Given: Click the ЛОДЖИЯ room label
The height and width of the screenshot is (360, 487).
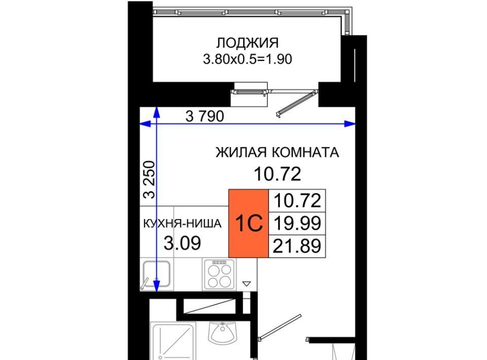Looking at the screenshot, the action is coord(247,43).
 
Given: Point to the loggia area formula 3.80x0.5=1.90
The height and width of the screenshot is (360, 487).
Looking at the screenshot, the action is coord(247,59).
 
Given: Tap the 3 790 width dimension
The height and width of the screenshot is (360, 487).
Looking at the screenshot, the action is coord(204,117).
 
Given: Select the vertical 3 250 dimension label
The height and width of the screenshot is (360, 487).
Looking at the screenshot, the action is coord(149,179).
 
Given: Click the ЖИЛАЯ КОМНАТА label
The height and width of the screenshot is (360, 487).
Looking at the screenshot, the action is coord(277,153).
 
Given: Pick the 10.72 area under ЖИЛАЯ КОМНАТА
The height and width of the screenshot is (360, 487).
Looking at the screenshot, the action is coord(277,174).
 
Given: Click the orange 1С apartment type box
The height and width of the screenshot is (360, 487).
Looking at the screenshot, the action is coord(249,223).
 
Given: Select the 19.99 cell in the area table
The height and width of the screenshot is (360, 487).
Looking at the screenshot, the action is coord(297,223).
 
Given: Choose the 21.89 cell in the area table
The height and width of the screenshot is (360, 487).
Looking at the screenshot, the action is coord(297,246).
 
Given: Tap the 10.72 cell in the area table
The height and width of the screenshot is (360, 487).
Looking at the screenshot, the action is coord(297,201).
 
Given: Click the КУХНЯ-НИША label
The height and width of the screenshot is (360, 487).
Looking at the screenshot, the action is coord(182,224).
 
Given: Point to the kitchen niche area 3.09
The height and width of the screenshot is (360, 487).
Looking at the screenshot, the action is coord(182,243).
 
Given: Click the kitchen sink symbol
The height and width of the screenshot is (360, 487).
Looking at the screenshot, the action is coord(156,274).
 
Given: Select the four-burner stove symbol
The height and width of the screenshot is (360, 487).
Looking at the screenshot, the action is coord(219,274).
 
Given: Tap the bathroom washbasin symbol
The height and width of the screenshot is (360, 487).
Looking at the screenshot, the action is coord(222,333).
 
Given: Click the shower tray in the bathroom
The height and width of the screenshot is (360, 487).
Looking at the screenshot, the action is coord(173,341).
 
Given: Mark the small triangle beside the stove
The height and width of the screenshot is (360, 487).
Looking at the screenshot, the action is coord(247,283).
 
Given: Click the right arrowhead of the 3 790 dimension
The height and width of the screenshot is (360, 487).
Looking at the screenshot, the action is coord(351,124).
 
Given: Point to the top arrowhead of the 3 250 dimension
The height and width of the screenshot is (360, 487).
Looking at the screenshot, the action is coord(157,112).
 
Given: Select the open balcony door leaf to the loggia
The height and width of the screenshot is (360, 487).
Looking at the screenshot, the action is coord(295,103).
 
